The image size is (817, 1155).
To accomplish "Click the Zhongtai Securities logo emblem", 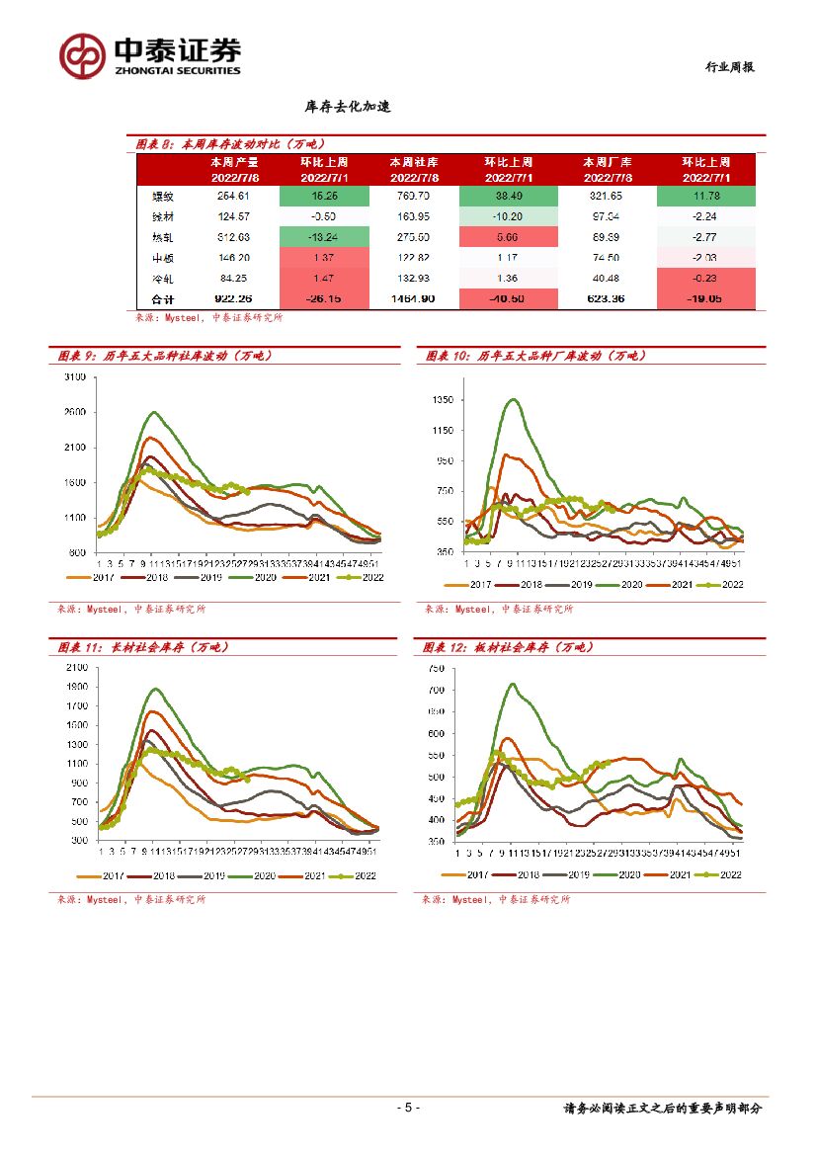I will pos(82,56).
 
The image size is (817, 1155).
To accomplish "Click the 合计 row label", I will pos(149,298).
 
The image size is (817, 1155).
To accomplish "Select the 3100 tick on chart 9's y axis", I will pos(74,377).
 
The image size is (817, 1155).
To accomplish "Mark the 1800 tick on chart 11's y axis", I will pos(75,687).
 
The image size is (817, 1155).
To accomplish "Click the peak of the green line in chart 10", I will pos(513,399).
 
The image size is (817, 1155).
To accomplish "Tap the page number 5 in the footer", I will pos(408,1108).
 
